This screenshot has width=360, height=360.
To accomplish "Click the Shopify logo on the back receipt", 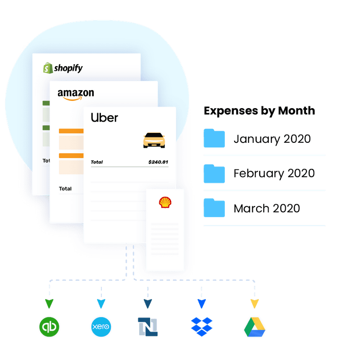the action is pyautogui.click(x=63, y=68).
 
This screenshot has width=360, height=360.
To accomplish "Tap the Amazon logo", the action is pyautogui.click(x=76, y=94).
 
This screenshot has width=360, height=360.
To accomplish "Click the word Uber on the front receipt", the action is pyautogui.click(x=105, y=118).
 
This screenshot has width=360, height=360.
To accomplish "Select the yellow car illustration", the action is pyautogui.click(x=154, y=140).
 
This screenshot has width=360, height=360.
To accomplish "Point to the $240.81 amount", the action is pyautogui.click(x=158, y=162).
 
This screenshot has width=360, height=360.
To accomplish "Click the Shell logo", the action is pyautogui.click(x=165, y=202).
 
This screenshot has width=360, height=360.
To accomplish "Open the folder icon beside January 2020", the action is pyautogui.click(x=214, y=138).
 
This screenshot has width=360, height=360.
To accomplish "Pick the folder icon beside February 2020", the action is pyautogui.click(x=214, y=173).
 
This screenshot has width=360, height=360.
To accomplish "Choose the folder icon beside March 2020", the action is pyautogui.click(x=214, y=208).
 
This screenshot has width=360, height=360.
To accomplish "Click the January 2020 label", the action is pyautogui.click(x=272, y=139).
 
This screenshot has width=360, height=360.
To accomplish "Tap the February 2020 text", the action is pyautogui.click(x=274, y=173).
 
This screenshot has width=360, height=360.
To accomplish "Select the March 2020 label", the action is pyautogui.click(x=267, y=209).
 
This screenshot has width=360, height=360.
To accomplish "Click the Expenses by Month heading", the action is pyautogui.click(x=260, y=111).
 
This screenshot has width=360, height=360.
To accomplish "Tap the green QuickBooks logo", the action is pyautogui.click(x=49, y=327).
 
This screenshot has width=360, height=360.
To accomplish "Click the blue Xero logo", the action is pyautogui.click(x=101, y=327).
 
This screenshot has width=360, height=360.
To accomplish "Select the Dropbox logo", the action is pyautogui.click(x=201, y=327).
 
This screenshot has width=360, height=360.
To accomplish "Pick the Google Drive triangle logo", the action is pyautogui.click(x=255, y=327).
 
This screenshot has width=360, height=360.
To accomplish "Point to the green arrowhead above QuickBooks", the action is pyautogui.click(x=49, y=303).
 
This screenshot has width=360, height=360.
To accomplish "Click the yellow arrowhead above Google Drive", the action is pyautogui.click(x=255, y=303).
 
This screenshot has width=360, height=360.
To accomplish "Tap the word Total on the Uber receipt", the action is pyautogui.click(x=97, y=162).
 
